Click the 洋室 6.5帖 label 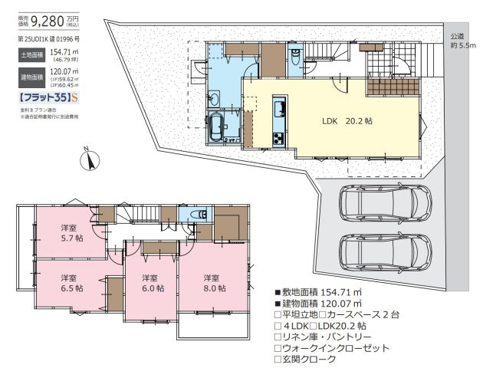click(69, 283)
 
